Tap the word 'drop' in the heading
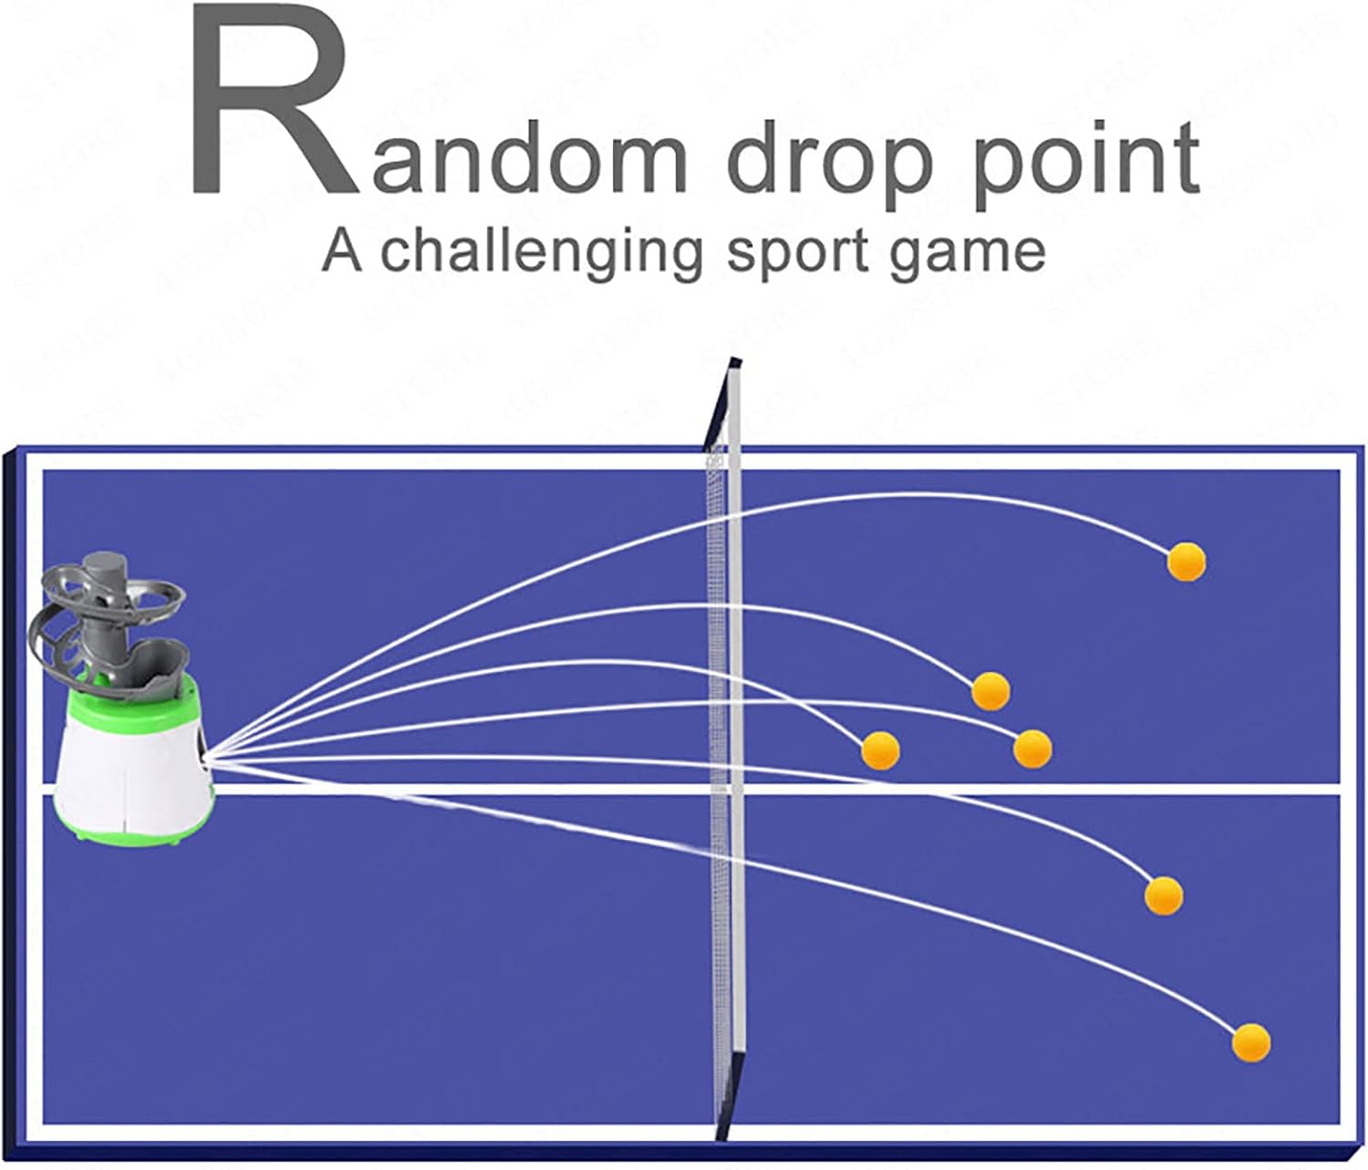click(x=830, y=164)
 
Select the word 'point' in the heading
click(x=1085, y=164)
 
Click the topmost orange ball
click(x=1186, y=562)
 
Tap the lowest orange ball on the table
click(x=1250, y=1041)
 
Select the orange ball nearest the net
click(x=880, y=751)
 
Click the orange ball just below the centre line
click(x=1163, y=895)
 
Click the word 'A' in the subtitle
click(x=343, y=251)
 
